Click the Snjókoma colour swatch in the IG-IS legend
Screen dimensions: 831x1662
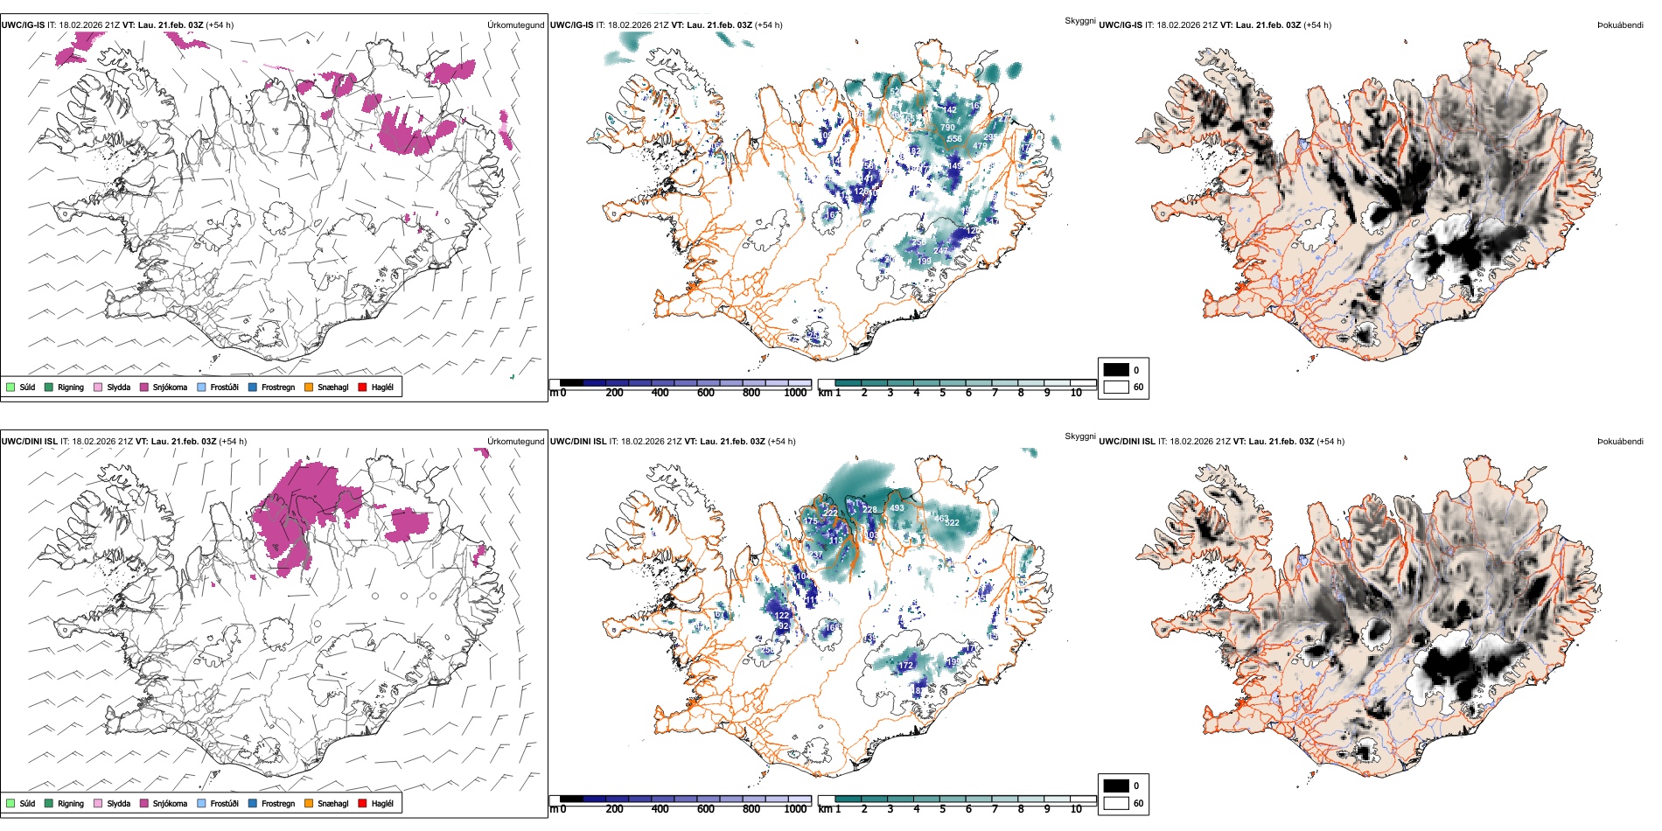point(144,387)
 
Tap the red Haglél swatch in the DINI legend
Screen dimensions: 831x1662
point(363,803)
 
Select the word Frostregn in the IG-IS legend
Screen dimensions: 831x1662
point(278,387)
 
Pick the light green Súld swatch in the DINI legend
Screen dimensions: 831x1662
point(10,803)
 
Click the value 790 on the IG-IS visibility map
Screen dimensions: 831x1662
point(947,128)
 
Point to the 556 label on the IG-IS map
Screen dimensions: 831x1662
point(953,139)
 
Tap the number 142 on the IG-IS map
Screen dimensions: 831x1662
point(950,110)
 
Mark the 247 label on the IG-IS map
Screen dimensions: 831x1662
point(940,251)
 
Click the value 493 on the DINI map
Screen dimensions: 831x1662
point(897,508)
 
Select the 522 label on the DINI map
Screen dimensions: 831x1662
point(952,523)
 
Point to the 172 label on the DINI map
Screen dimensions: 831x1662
point(906,666)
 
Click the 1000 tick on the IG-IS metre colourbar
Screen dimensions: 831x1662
point(795,394)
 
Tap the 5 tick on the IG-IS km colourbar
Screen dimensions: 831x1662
point(942,394)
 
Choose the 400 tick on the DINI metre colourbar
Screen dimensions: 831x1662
point(660,809)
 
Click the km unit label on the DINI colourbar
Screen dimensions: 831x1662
point(825,809)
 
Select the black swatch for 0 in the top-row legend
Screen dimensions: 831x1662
point(1116,369)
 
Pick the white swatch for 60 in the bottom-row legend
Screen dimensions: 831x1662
point(1116,803)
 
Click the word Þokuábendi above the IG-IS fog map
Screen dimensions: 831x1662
point(1620,25)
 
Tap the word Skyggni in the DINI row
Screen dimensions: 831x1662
point(1080,436)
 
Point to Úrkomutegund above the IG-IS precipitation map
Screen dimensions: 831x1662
point(515,25)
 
